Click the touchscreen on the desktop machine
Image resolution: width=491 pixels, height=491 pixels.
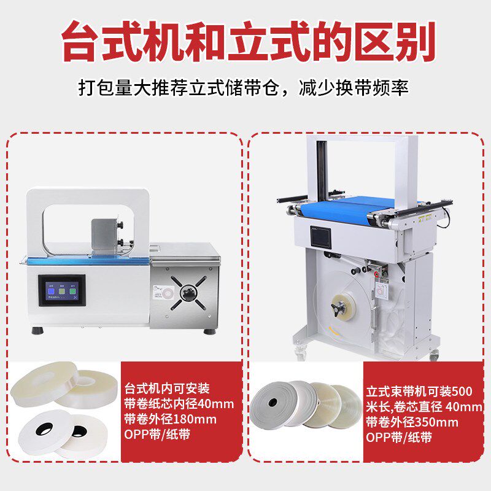pos(62,290)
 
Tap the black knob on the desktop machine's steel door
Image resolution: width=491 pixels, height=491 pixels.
pos(188,293)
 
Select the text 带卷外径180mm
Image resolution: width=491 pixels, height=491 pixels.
pos(171,419)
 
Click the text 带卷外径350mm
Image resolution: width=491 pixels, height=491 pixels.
pos(412,422)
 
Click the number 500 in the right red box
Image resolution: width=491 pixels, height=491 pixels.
pos(462,391)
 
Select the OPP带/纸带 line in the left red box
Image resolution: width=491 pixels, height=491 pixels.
pos(157,435)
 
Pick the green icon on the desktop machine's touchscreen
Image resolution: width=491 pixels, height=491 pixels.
pos(72,291)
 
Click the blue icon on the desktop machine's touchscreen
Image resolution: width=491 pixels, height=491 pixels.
pos(51,291)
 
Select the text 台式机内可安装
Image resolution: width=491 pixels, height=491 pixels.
pos(167,389)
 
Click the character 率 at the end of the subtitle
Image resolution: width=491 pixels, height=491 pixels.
pos(400,88)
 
